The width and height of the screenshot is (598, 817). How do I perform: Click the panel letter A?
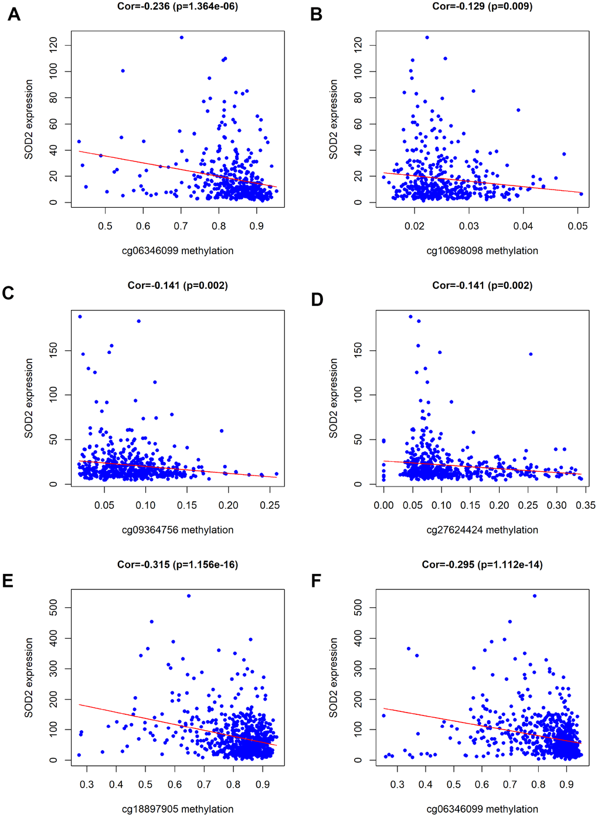coord(13,15)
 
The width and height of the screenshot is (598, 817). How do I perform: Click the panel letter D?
coord(317,300)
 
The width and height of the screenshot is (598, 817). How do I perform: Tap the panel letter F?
coord(317,580)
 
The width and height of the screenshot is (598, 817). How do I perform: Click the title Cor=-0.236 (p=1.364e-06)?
coord(178,6)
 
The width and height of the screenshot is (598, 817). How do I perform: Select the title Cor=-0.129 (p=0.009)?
coord(482,6)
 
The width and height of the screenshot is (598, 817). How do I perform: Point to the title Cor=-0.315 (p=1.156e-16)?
coord(178,565)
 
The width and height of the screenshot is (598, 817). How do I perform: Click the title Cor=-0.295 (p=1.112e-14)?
coord(482,565)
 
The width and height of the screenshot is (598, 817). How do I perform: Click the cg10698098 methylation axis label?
coord(482,251)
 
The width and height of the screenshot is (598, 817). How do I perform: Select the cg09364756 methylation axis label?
coord(178,530)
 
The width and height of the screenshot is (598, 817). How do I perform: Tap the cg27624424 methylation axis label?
coord(482,530)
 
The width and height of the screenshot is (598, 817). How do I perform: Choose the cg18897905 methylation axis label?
coord(178,809)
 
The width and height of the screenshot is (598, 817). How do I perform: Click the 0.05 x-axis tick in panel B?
coord(577,226)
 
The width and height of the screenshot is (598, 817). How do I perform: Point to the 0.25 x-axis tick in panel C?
coord(270,505)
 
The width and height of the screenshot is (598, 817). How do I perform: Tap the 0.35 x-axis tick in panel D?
coord(585,505)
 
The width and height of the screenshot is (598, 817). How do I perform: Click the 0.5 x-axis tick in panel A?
coord(105,226)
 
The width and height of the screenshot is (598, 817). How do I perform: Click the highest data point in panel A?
coord(181,38)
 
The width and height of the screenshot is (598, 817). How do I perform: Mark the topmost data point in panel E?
coord(189,596)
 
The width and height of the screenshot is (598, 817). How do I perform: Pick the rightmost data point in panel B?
coord(581,194)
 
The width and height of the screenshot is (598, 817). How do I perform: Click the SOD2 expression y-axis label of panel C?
coord(29,399)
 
